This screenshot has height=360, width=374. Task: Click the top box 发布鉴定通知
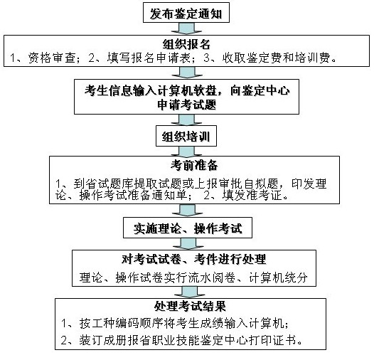(186, 13)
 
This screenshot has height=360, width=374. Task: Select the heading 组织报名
(186, 44)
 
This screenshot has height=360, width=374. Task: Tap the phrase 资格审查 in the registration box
(52, 58)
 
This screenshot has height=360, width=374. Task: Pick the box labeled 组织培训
(186, 136)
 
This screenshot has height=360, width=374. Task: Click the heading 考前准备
(194, 165)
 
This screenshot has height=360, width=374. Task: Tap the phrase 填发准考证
(252, 196)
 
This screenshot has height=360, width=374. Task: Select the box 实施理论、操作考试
(188, 228)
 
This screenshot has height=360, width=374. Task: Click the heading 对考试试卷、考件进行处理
(193, 259)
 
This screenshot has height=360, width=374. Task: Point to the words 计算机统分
(278, 277)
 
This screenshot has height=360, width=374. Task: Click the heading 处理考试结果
(190, 306)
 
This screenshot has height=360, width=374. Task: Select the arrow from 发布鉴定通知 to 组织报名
(186, 28)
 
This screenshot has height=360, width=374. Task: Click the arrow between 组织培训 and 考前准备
(186, 152)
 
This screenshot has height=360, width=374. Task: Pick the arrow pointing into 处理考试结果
(190, 292)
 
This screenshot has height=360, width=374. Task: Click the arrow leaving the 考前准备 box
(188, 211)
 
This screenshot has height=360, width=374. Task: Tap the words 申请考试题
(186, 105)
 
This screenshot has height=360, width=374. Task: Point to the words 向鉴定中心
(260, 91)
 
